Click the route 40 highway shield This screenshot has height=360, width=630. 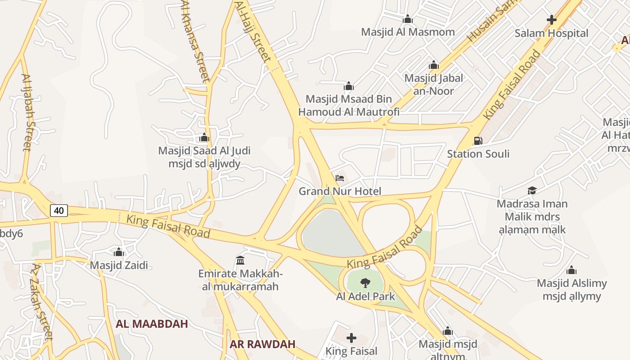tap(59, 210)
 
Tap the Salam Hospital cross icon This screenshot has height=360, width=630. tap(551, 20)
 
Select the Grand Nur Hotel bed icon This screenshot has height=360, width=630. tap(340, 178)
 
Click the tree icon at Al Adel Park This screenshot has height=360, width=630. tap(365, 283)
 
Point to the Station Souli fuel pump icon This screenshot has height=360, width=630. tap(478, 141)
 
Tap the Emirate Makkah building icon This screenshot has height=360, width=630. tap(240, 260)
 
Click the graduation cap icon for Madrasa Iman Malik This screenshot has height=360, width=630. tap(532, 190)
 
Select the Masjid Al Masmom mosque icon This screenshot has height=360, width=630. tap(408, 19)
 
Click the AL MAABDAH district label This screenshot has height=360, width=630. tap(152, 324)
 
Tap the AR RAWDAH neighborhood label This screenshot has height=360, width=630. tap(262, 344)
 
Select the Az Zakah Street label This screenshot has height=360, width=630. tap(42, 302)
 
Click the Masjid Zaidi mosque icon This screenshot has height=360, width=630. tap(119, 252)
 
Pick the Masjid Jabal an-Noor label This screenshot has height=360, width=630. tap(433, 84)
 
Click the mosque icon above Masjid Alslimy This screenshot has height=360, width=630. tap(571, 270)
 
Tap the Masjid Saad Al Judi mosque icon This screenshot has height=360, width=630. tap(204, 137)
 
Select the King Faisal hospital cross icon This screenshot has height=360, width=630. tap(351, 337)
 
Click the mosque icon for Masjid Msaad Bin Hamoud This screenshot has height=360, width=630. tap(349, 86)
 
